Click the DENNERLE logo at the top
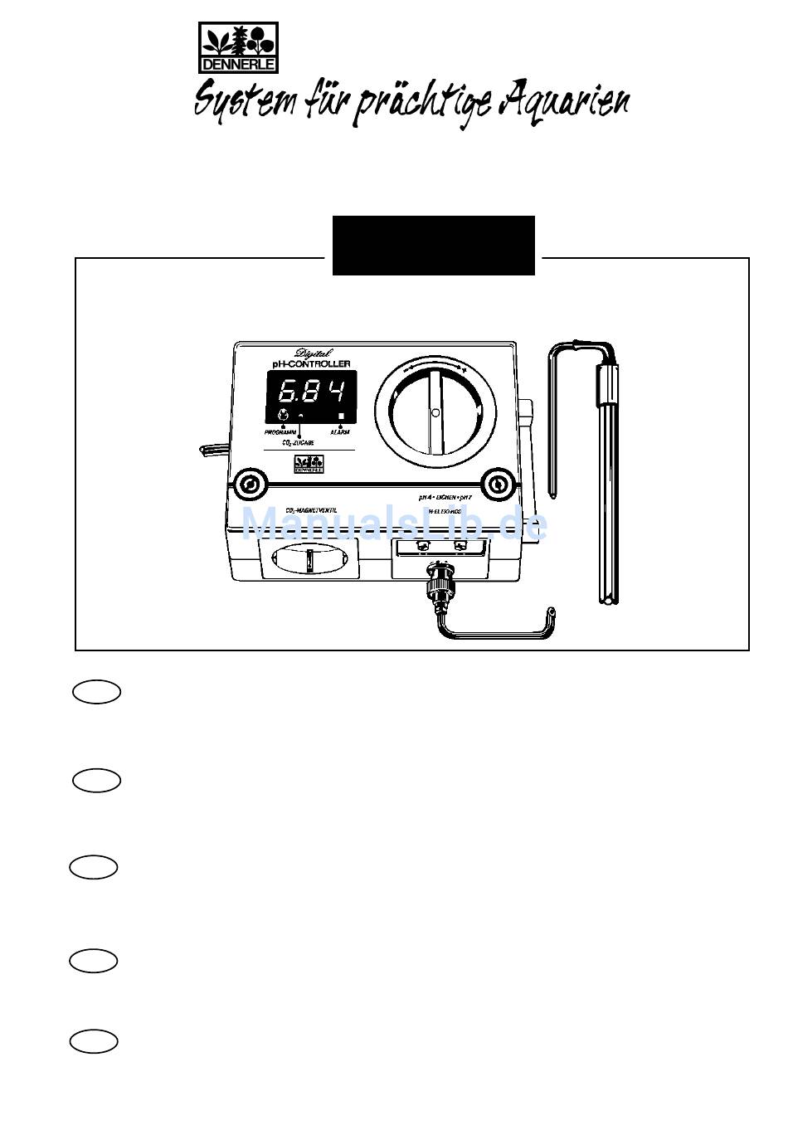pos(238,48)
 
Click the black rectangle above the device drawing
pos(433,245)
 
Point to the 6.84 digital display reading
pos(311,391)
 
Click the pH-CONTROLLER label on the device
pos(312,363)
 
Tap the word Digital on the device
pos(313,353)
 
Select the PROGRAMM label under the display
pos(280,432)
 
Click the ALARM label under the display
pos(340,432)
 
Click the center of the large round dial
pos(435,412)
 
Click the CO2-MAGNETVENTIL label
pos(311,509)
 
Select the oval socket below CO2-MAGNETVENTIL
pos(309,561)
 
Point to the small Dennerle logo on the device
pos(308,465)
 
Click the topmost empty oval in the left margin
pos(97,692)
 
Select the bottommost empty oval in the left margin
pos(94,1042)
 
